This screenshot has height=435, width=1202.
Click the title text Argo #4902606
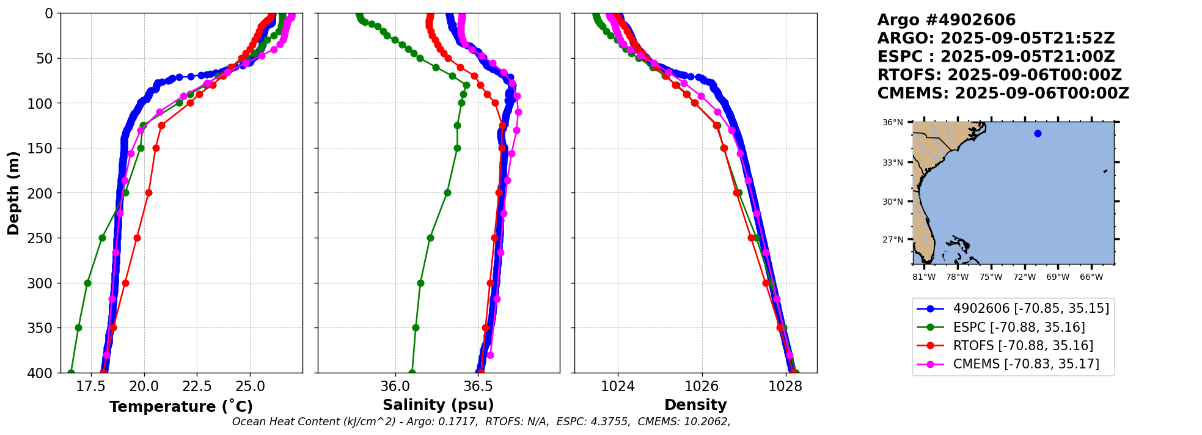pyautogui.click(x=946, y=20)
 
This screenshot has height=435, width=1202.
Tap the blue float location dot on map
pyautogui.click(x=1038, y=133)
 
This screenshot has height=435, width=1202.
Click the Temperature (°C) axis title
pyautogui.click(x=181, y=406)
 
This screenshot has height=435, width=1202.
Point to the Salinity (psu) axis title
pyautogui.click(x=438, y=405)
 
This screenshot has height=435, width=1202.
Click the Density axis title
pyautogui.click(x=695, y=405)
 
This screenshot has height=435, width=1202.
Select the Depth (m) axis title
pyautogui.click(x=13, y=193)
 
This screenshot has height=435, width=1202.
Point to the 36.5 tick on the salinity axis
pyautogui.click(x=478, y=387)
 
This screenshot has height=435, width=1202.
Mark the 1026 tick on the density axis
pyautogui.click(x=702, y=387)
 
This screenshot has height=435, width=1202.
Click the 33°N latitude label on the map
pyautogui.click(x=893, y=163)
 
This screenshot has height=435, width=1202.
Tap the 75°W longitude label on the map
pyautogui.click(x=991, y=277)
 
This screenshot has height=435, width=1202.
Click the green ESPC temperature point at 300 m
pyautogui.click(x=87, y=283)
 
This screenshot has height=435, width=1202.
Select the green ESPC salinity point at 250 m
pyautogui.click(x=430, y=238)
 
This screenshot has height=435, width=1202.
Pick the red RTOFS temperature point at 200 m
pyautogui.click(x=148, y=192)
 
